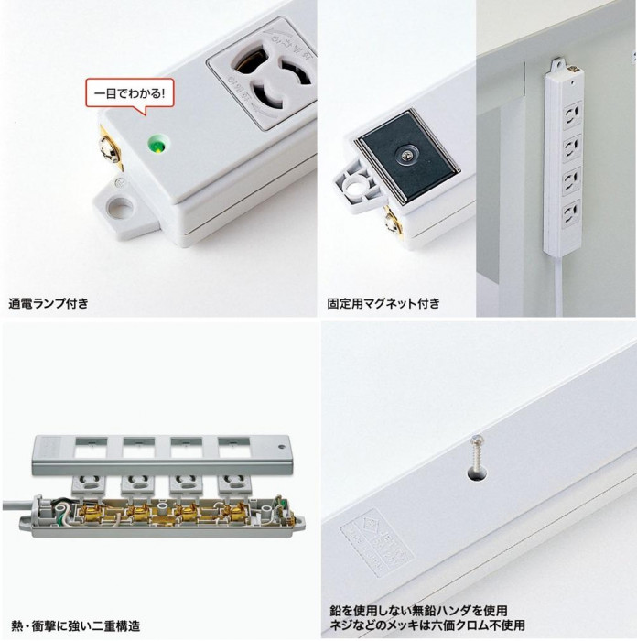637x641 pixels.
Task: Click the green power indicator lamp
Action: (157, 144)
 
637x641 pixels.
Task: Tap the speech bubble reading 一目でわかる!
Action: (131, 93)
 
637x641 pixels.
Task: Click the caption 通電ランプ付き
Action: (49, 302)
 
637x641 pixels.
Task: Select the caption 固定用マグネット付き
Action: (383, 302)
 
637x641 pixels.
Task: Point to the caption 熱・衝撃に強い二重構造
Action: (75, 626)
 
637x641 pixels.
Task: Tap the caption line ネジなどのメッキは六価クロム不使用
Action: (427, 626)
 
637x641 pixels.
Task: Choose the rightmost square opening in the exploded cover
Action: (232, 448)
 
